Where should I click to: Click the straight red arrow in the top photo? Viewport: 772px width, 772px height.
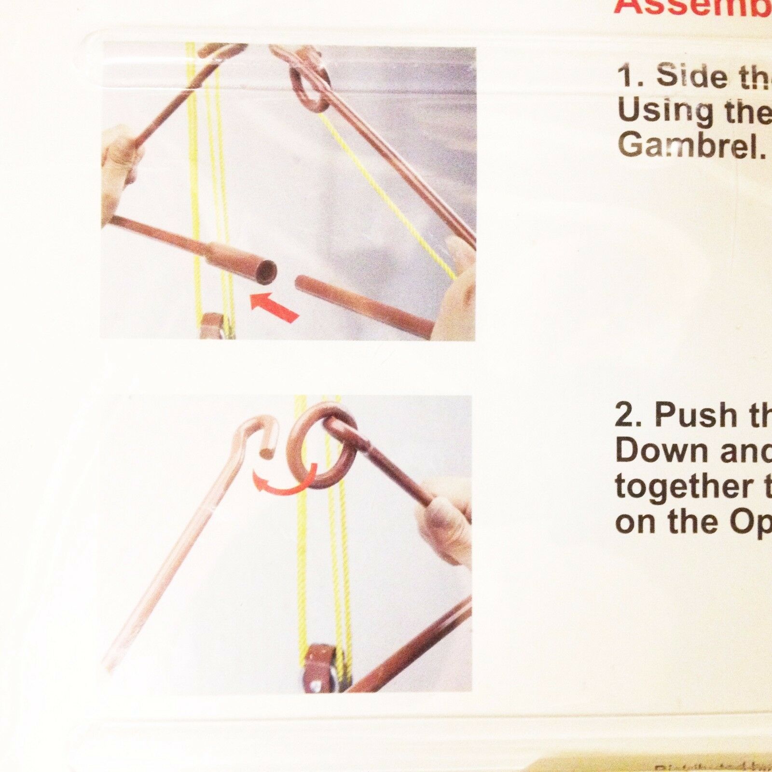pyautogui.click(x=274, y=307)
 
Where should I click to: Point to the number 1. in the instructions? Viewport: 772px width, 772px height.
pyautogui.click(x=629, y=77)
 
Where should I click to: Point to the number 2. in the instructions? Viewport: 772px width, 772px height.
pyautogui.click(x=627, y=416)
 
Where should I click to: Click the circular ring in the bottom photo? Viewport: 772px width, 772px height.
pyautogui.click(x=324, y=446)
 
